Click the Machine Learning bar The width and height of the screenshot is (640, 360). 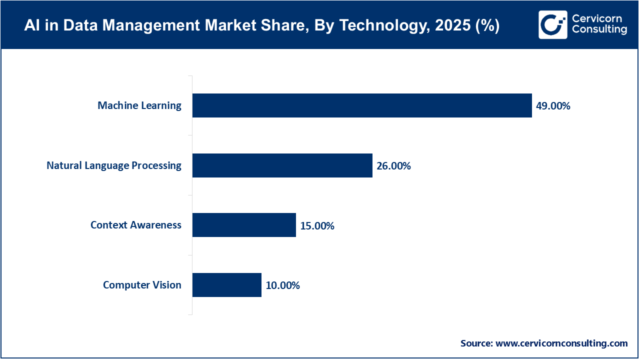(x=362, y=105)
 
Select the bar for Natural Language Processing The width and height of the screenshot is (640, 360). (x=282, y=165)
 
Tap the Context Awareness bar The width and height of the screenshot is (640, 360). (x=244, y=225)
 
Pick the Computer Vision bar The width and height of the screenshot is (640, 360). (x=226, y=285)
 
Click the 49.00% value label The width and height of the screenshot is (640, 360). (x=553, y=106)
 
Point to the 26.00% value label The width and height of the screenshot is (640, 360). (x=393, y=166)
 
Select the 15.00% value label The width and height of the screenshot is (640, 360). (x=317, y=226)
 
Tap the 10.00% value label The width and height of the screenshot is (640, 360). (x=282, y=285)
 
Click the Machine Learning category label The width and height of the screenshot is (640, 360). (x=139, y=105)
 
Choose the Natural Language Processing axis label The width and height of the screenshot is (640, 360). (x=114, y=165)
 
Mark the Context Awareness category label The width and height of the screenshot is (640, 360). (x=136, y=225)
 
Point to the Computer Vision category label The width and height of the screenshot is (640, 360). (x=142, y=285)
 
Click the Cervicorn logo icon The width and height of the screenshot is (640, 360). (x=553, y=24)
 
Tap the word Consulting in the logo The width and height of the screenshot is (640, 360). (x=599, y=30)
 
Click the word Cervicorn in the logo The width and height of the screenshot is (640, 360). (x=597, y=18)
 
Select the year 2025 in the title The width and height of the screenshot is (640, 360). (x=451, y=26)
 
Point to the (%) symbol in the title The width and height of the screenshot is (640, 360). (x=487, y=26)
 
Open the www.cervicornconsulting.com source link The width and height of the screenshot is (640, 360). (x=561, y=343)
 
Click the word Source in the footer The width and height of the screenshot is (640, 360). (x=476, y=343)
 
